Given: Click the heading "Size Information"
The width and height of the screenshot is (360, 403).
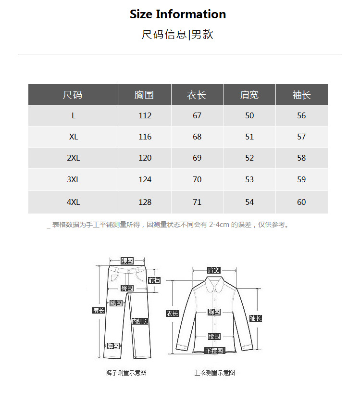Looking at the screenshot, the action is [178, 14].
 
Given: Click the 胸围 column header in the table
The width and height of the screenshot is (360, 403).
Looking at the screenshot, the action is [144, 95].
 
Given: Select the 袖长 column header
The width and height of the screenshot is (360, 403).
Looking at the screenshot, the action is [301, 95].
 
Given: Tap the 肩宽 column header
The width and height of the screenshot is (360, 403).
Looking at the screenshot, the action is [249, 95].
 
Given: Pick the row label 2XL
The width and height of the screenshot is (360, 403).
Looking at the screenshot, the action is [73, 158].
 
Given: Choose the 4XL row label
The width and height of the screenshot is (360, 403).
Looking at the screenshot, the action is [73, 202].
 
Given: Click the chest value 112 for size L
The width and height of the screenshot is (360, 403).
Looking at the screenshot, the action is [145, 116].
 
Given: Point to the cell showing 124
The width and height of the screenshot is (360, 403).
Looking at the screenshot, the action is [145, 180].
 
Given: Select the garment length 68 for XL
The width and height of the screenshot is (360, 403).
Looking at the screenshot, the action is [197, 137].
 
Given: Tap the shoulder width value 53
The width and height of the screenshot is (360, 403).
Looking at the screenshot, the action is [249, 180].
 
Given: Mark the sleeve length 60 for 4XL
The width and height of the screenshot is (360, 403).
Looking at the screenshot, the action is [301, 202].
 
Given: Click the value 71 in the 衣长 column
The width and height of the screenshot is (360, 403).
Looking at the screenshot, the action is [197, 202].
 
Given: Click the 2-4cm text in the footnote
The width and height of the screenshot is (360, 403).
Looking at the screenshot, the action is [219, 225].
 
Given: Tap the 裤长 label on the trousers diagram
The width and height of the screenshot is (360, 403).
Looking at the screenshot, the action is [99, 311].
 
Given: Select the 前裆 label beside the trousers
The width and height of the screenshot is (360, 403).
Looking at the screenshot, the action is [154, 280].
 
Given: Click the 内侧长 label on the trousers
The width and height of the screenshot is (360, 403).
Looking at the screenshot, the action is [140, 321].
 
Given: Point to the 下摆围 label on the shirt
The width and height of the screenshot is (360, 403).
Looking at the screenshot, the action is [214, 351].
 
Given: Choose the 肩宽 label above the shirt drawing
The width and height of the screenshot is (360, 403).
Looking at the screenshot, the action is [213, 270].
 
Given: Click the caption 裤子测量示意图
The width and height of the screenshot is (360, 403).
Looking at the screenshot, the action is [126, 373].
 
